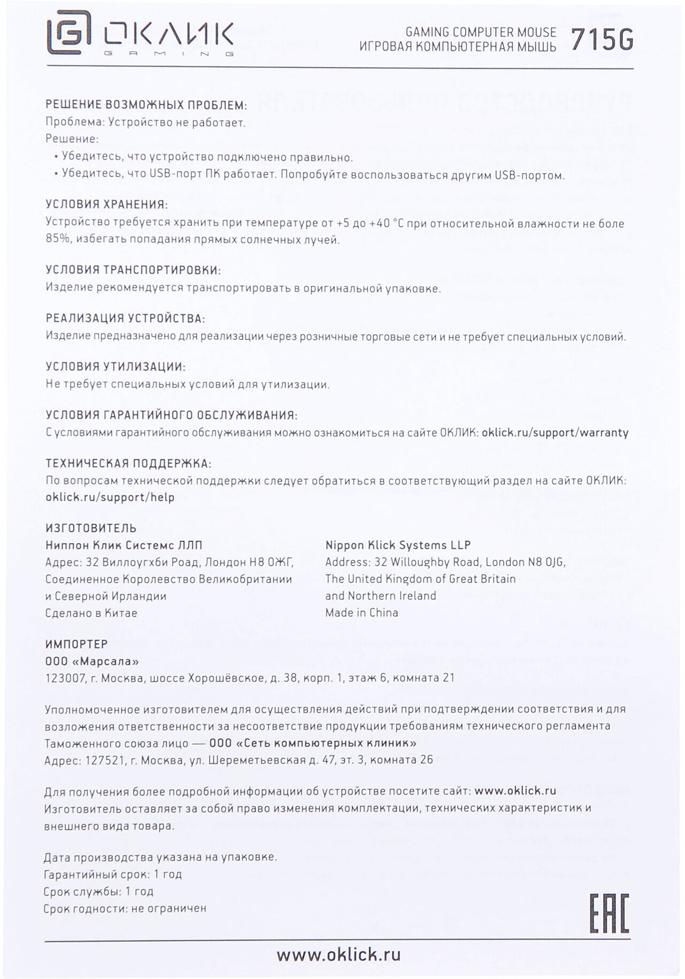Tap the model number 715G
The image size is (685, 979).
tap(601, 40)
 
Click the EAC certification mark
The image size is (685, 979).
tap(609, 914)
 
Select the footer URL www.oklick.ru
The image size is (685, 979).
tap(338, 955)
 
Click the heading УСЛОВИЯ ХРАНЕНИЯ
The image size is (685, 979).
tap(107, 204)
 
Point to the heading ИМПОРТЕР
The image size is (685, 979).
tap(77, 643)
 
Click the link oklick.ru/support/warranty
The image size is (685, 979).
tap(555, 432)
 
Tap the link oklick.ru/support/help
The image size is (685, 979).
tap(110, 497)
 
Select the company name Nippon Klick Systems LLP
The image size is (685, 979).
tap(398, 545)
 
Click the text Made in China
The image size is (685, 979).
tap(361, 613)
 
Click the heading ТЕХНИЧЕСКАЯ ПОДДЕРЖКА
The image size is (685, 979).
tap(128, 463)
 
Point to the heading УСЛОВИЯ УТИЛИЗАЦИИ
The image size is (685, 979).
tap(116, 367)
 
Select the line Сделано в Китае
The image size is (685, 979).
tap(92, 613)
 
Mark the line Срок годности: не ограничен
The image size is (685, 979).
tap(125, 908)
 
